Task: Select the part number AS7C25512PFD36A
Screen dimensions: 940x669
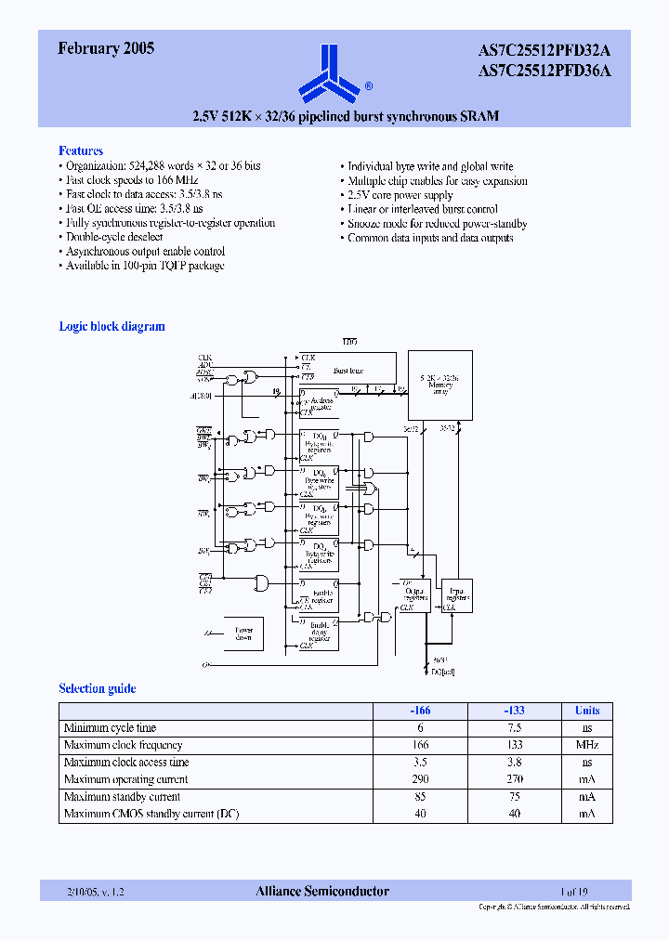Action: point(544,70)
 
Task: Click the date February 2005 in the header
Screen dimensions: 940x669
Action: point(106,49)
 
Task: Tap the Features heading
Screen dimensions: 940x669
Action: point(81,150)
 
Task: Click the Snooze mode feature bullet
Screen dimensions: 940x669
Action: point(437,224)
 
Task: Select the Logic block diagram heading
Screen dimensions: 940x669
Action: point(111,326)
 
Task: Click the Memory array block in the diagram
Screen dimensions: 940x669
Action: point(439,385)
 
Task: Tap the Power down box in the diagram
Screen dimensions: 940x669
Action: point(243,633)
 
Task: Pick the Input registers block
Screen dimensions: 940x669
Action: point(457,594)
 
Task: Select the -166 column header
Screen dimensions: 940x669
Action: point(420,711)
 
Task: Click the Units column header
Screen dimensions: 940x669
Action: point(586,711)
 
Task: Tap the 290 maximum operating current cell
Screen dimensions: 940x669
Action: point(420,779)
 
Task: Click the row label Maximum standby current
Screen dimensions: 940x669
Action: point(122,797)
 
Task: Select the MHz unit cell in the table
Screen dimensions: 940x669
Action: point(586,745)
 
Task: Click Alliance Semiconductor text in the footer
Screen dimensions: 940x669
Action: point(322,891)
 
